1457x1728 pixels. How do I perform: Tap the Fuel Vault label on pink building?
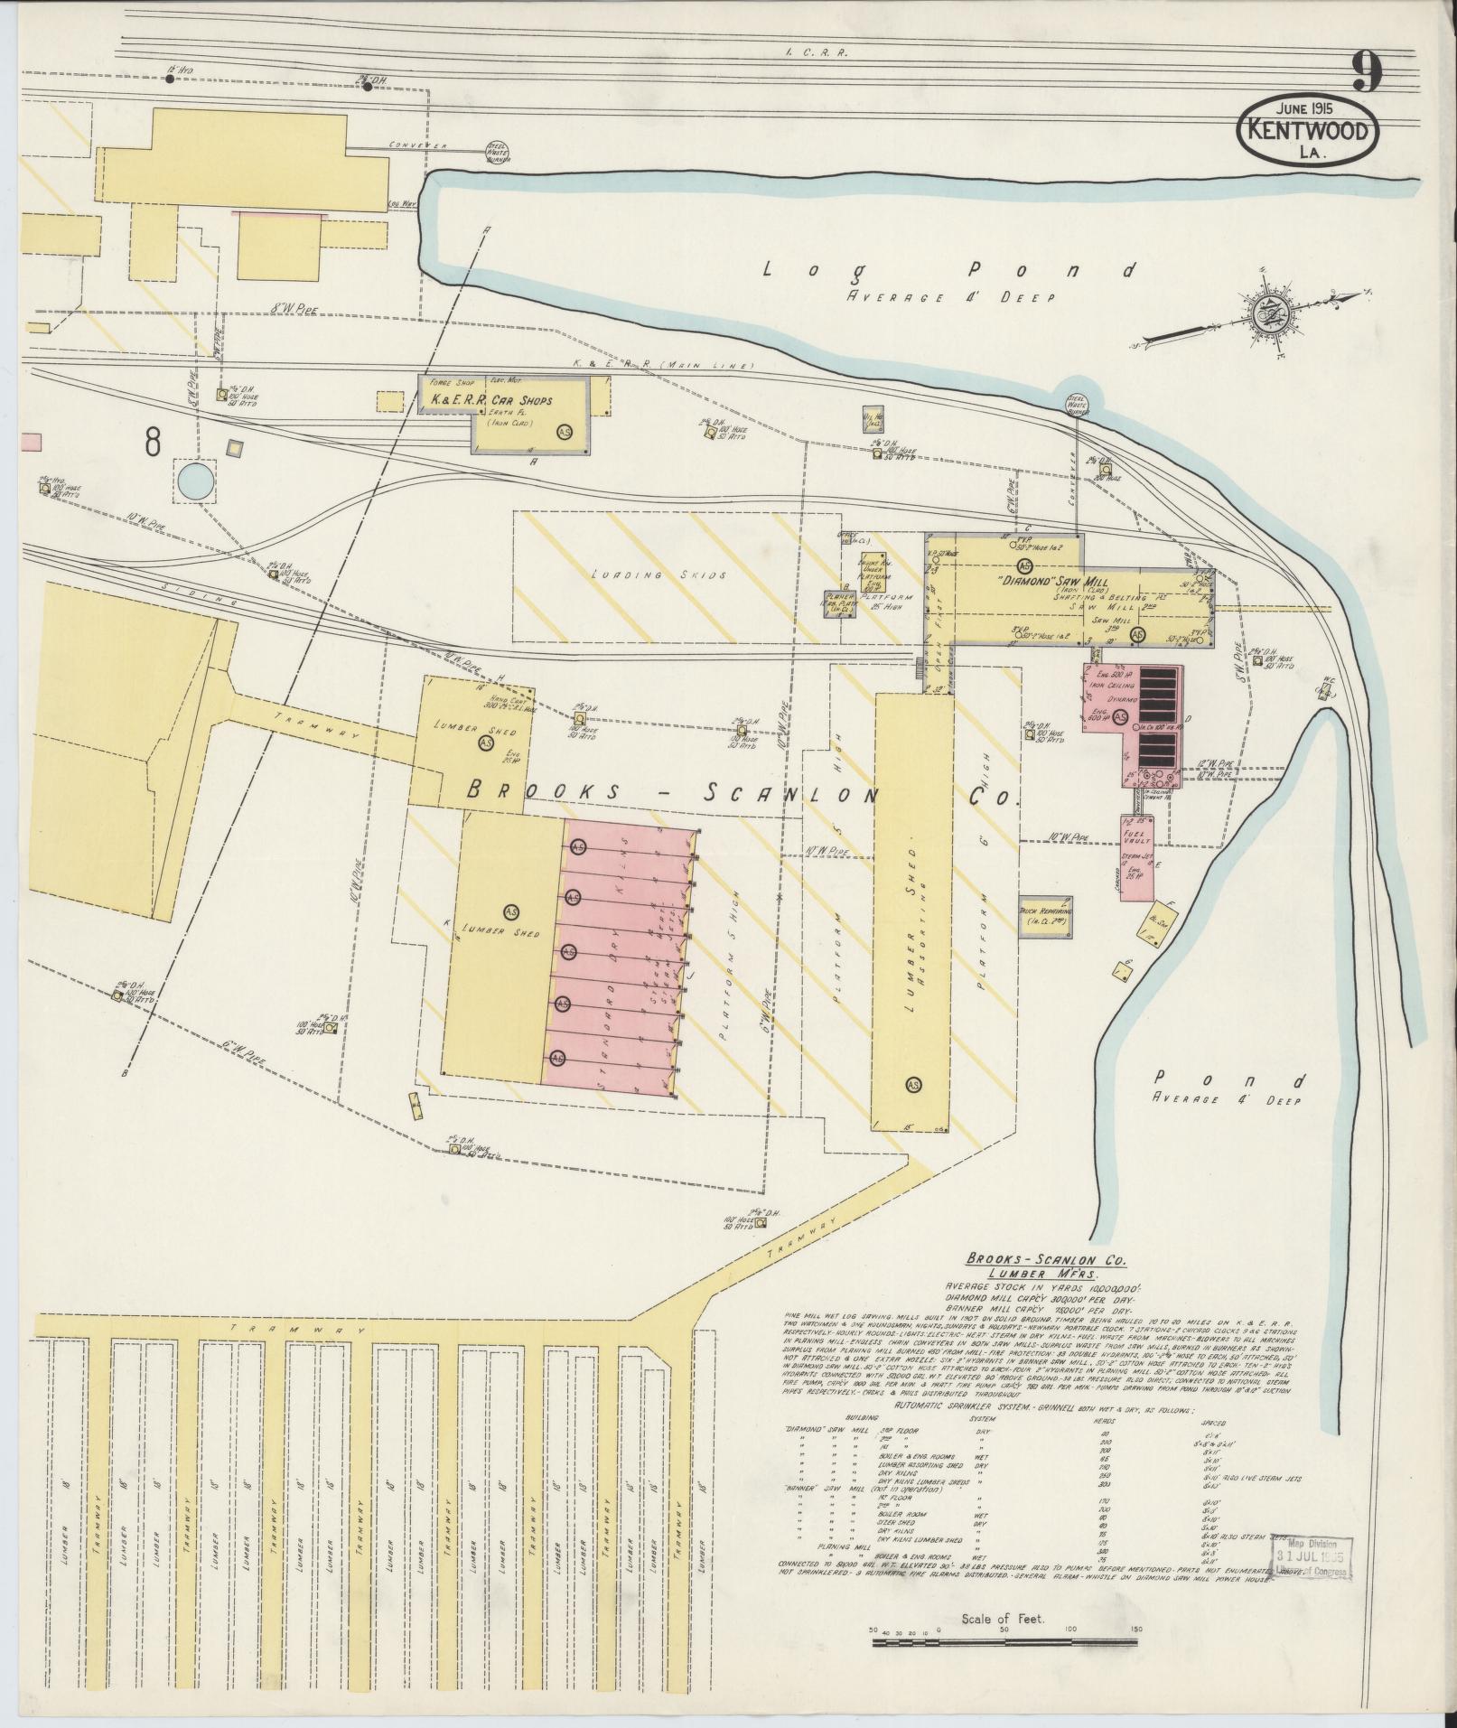tap(1133, 836)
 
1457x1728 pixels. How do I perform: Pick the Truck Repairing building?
tap(1046, 914)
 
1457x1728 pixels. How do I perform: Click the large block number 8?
tap(153, 441)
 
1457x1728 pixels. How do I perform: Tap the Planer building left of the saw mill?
tap(839, 604)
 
